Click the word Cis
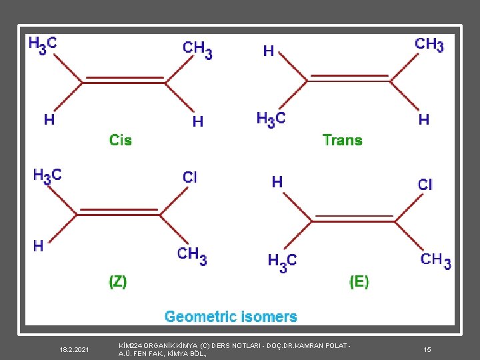point(121,140)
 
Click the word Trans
point(342,140)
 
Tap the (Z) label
point(118,281)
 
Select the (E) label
point(359,281)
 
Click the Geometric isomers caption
point(231,317)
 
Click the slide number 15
point(427,349)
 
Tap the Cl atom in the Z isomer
point(190,177)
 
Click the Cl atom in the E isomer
point(425,184)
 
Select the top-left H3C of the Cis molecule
point(43,45)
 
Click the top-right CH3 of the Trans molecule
point(429,45)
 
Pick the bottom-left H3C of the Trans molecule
point(271,119)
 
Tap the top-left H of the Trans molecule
point(269,51)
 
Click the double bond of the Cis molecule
point(125,80)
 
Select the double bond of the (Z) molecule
point(119,212)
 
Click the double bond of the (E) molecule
point(355,219)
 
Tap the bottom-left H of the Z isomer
point(38,246)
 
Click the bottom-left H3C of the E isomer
point(282,261)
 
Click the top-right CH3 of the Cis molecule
point(197,49)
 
